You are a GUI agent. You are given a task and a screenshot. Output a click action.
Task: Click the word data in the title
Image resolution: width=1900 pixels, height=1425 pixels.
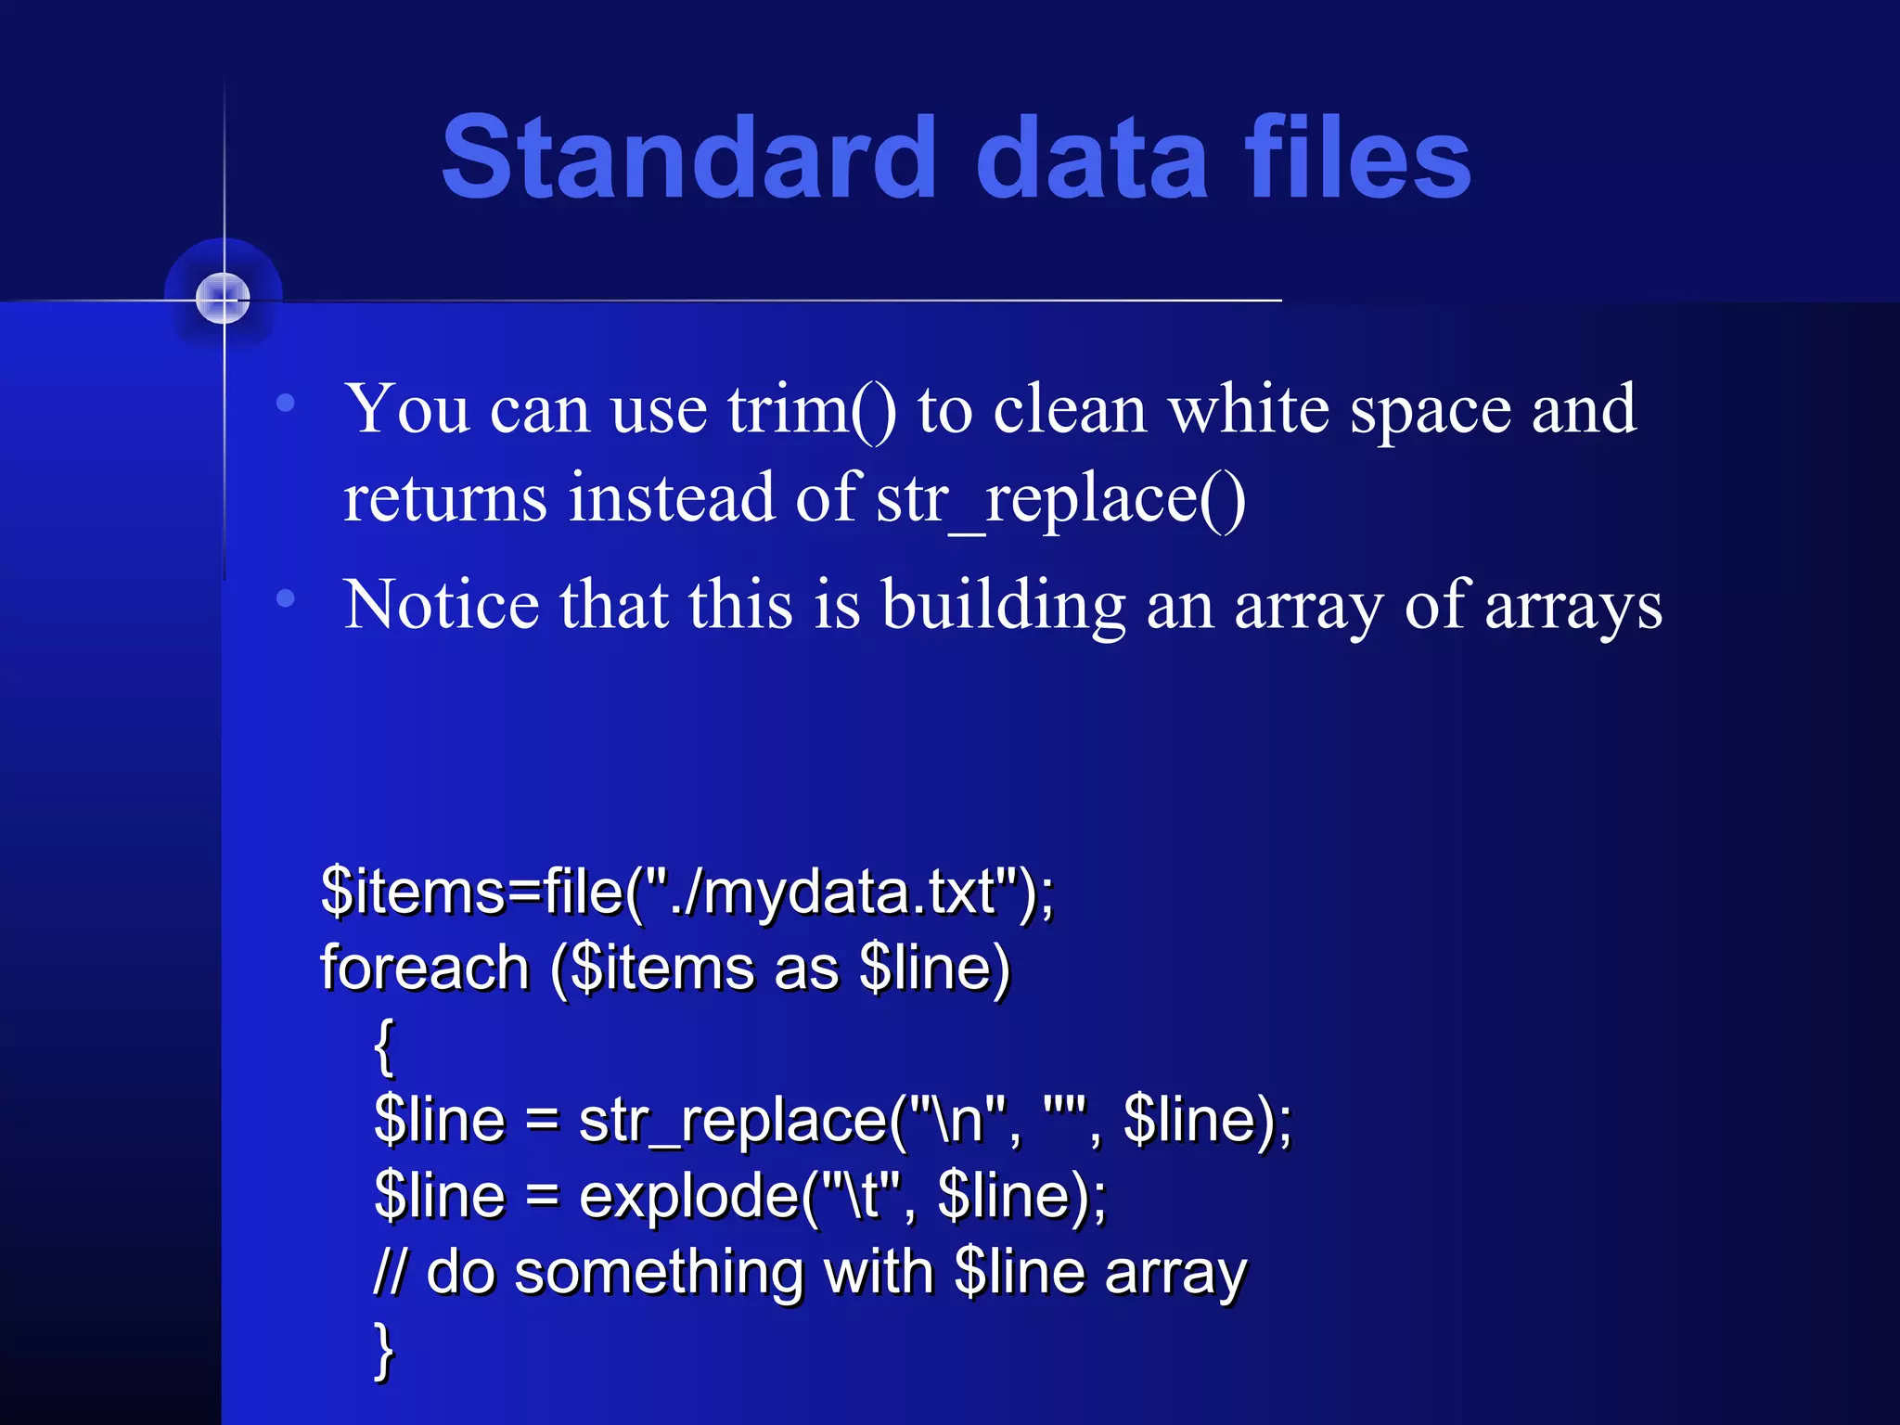[x=1092, y=158]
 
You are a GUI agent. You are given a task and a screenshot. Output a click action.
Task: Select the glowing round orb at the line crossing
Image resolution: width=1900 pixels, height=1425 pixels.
[x=223, y=299]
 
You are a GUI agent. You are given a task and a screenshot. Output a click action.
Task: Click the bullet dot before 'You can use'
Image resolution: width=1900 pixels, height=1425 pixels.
[x=286, y=404]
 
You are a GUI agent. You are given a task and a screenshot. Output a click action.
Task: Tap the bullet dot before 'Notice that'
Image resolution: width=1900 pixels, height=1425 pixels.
[x=286, y=598]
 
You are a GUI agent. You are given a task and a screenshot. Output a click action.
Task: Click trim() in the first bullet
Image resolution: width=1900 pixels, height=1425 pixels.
[x=812, y=410]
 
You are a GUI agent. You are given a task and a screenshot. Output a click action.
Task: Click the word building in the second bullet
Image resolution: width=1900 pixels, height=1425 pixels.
[x=1003, y=606]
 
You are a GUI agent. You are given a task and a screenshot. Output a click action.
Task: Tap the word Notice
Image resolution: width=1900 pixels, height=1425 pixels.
[x=442, y=606]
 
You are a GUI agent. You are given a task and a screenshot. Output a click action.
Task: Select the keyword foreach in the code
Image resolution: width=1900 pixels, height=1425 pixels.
[x=425, y=969]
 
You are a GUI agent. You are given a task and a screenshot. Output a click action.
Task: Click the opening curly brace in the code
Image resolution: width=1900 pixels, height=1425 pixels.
[x=384, y=1046]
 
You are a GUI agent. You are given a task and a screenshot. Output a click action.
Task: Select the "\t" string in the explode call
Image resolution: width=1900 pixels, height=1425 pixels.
[x=853, y=1197]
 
